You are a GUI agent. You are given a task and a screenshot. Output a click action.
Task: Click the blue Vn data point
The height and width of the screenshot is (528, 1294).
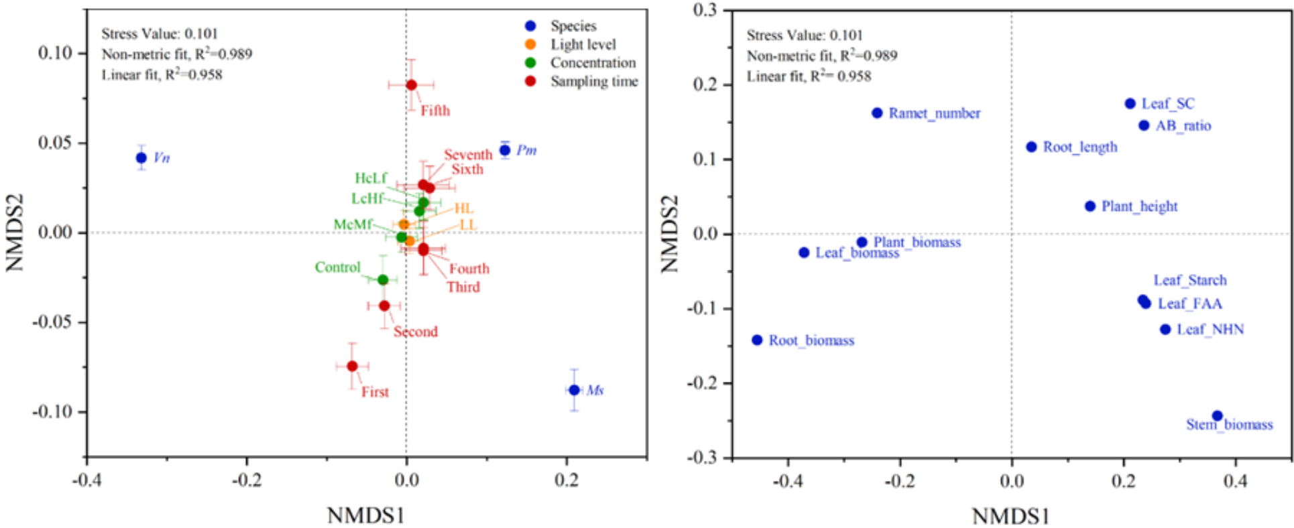pos(141,158)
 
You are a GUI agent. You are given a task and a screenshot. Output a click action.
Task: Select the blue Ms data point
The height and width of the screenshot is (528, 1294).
pos(574,390)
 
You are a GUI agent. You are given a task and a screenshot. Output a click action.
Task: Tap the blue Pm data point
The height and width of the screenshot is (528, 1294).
pos(505,150)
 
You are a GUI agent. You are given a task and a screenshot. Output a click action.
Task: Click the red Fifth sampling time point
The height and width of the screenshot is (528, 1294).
pos(411,85)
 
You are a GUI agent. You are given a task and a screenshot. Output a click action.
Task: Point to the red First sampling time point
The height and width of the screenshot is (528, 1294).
pos(352,366)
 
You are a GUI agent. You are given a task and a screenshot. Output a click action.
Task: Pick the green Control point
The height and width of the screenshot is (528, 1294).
pos(383,279)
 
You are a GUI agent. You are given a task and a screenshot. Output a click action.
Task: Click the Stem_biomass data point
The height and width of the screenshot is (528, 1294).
pos(1218,416)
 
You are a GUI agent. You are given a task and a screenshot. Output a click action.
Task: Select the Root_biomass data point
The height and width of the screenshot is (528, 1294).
pos(757,340)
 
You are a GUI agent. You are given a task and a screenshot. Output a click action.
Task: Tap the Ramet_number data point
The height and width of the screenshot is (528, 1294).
pos(877,113)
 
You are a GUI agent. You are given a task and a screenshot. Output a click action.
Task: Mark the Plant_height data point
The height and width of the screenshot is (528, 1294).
pos(1090,206)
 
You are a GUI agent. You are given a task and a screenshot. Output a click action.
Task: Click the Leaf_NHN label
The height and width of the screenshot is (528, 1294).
pos(1210,330)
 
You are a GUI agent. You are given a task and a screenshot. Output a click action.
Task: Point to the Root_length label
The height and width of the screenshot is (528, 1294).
pos(1080,147)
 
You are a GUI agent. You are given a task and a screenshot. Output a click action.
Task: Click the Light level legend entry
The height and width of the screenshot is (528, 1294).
pos(583,44)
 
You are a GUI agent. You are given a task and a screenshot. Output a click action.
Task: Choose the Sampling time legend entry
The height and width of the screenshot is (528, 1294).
pos(593,82)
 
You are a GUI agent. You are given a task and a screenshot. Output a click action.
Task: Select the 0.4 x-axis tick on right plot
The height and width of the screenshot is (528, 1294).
pos(1235,481)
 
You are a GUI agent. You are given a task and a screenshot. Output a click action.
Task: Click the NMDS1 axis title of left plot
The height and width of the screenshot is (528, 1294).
pos(365,515)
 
